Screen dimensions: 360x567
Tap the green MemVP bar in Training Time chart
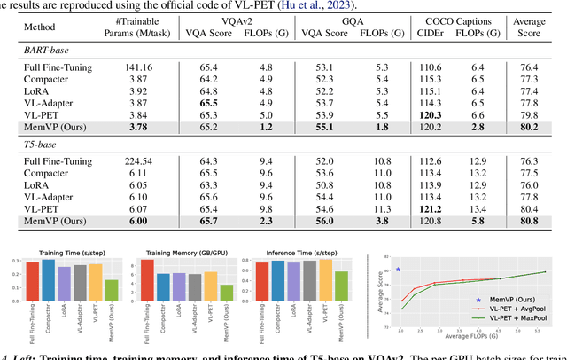112,291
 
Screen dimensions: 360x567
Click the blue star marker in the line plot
399,269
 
